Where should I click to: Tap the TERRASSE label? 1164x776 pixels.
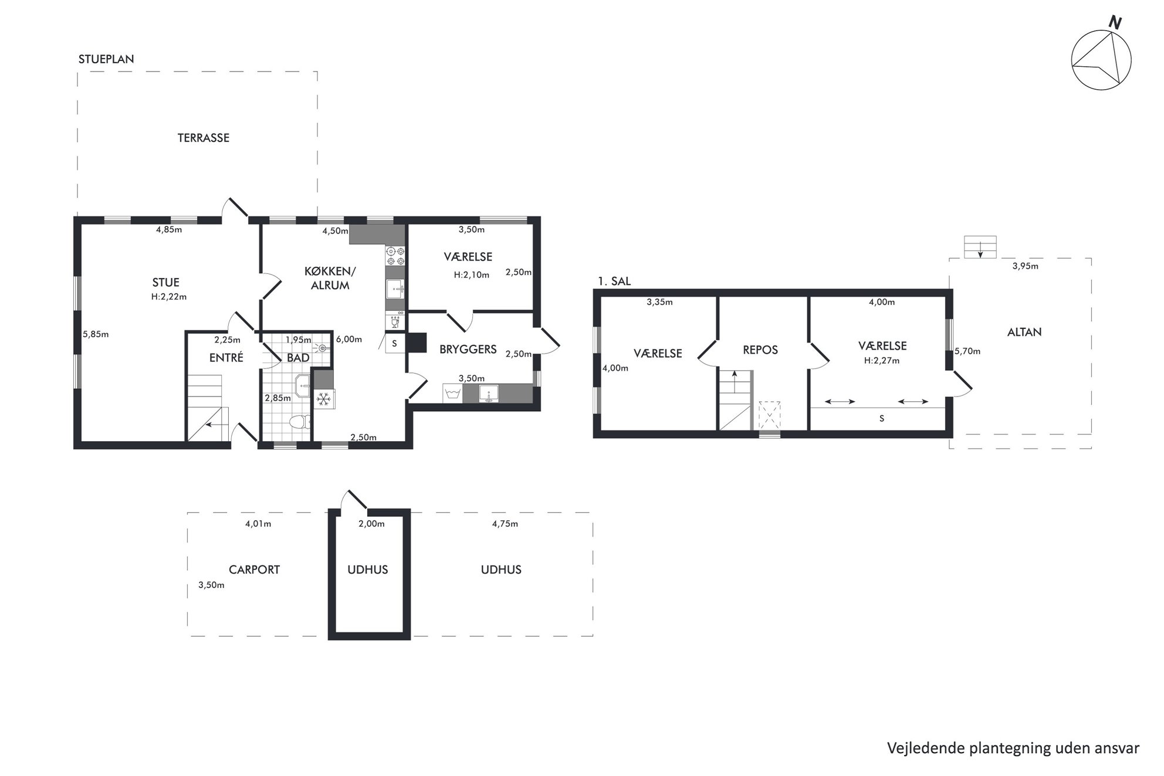point(204,138)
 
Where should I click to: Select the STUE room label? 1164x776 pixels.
point(166,282)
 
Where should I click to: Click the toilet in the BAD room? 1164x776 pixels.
point(300,422)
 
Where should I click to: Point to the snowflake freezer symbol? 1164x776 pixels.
point(323,399)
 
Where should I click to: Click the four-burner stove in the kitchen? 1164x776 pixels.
point(395,256)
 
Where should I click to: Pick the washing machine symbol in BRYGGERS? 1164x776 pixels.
point(452,394)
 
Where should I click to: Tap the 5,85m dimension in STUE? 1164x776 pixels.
point(96,334)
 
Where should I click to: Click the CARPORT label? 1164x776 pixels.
point(254,570)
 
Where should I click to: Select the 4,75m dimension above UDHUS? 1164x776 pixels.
point(505,524)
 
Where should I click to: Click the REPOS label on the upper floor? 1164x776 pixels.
point(760,350)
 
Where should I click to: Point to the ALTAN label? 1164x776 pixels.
point(1024,332)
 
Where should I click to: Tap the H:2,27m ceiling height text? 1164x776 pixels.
point(882,361)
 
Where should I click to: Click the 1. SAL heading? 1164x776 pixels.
point(614,281)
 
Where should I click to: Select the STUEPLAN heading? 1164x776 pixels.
point(106,59)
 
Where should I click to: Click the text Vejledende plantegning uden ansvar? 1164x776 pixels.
point(1013,748)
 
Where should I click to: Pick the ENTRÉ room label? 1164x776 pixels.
point(226,357)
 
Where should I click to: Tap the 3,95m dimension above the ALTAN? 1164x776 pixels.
point(1026,266)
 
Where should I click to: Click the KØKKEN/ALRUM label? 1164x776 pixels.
point(330,278)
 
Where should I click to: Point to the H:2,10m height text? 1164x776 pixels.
point(472,275)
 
